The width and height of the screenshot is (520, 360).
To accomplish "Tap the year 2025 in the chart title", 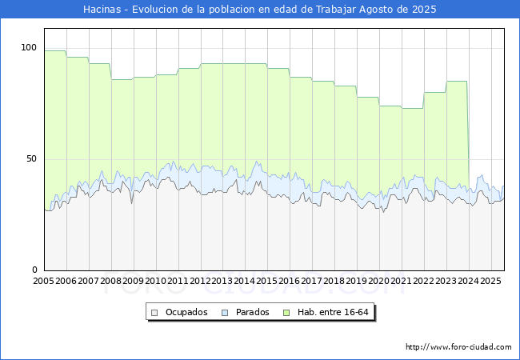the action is (424, 10).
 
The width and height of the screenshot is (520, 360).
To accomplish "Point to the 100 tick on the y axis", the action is (29, 47).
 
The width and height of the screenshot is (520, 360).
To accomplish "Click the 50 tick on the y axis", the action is (31, 158).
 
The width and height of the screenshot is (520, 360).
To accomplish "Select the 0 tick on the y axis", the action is (34, 270).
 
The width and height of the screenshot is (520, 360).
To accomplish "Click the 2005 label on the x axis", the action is (43, 281).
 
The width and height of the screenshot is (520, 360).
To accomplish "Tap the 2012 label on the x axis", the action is (200, 281).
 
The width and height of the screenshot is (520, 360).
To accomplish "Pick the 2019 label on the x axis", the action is (357, 281).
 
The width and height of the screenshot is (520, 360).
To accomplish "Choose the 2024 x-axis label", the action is (468, 281).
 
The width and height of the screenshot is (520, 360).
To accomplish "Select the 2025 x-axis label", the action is (490, 281).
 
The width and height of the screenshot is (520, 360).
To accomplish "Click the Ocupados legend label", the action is (186, 312).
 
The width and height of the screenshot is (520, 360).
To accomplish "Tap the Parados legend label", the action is (252, 312).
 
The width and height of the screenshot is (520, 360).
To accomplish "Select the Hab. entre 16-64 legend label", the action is (333, 312).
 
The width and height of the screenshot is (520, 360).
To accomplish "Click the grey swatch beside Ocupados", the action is (154, 313).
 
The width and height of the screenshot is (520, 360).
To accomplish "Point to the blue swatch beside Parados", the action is (225, 313).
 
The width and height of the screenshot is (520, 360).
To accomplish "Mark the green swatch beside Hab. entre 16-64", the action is (286, 313).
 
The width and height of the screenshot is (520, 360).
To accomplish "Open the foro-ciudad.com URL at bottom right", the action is (458, 347).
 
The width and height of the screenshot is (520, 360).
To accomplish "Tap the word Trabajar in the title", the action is (336, 10).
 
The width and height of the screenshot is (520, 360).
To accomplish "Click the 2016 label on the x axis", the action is (289, 281).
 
